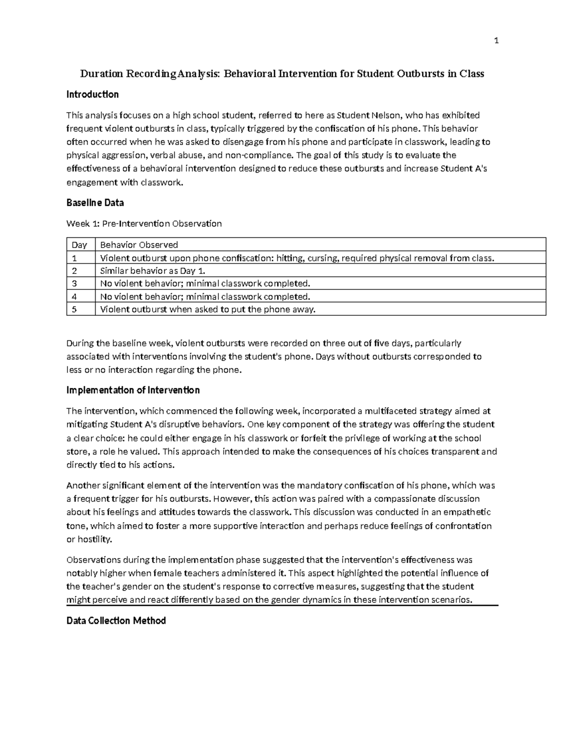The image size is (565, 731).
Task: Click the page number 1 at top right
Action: click(x=496, y=41)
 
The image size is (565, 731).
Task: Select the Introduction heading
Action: click(x=92, y=95)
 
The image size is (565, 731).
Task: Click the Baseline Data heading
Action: click(x=95, y=203)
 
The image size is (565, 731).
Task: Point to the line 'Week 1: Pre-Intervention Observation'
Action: click(x=144, y=224)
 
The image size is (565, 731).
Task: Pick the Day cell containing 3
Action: click(x=74, y=283)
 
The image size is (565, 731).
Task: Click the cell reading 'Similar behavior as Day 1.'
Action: click(x=153, y=271)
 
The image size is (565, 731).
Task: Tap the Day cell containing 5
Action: click(x=74, y=309)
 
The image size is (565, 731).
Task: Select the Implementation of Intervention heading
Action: click(x=133, y=390)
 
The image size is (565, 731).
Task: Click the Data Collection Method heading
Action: click(x=116, y=621)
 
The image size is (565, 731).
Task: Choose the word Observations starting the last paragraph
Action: click(x=93, y=560)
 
